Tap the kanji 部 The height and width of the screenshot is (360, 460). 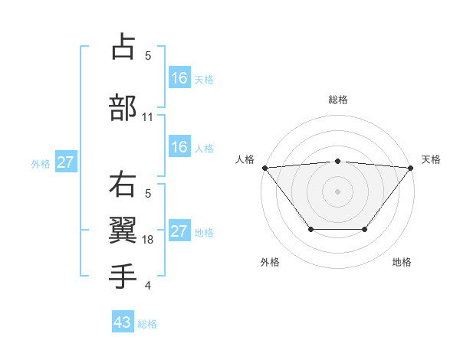click(123, 108)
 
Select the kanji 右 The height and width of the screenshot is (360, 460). click(123, 185)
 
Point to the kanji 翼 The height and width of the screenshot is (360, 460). click(123, 231)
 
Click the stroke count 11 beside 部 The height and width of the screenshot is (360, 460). click(148, 117)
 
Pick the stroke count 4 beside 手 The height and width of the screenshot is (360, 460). click(148, 286)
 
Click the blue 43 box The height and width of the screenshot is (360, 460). click(123, 322)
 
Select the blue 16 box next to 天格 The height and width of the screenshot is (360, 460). click(179, 77)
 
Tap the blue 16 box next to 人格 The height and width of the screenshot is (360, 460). click(179, 147)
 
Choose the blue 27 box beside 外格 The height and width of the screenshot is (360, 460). click(66, 162)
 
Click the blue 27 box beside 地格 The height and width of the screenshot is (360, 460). click(179, 231)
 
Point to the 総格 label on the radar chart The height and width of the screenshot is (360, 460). click(337, 100)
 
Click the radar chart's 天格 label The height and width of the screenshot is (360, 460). click(431, 159)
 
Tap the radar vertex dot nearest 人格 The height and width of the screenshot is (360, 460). click(264, 168)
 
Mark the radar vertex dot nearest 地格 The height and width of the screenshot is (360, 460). click(365, 229)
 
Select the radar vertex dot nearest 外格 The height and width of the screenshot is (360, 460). click(310, 229)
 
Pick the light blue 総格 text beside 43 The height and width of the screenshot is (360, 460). click(147, 323)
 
